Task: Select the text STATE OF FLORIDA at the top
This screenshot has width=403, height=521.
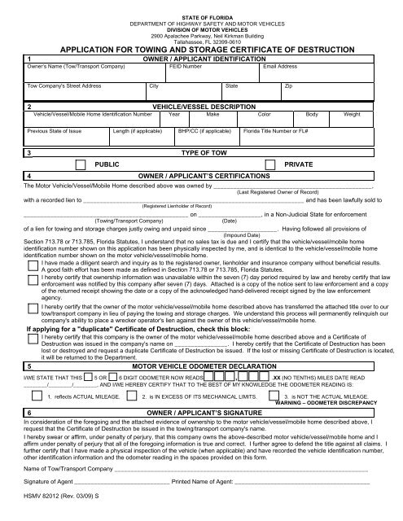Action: [x=201, y=17]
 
